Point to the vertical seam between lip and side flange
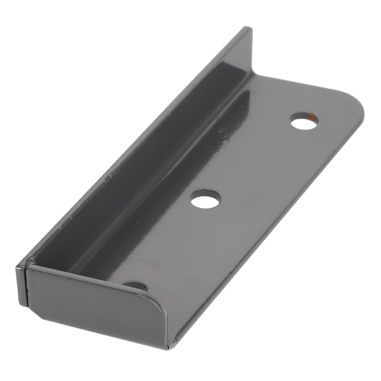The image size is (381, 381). pos(27,286)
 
